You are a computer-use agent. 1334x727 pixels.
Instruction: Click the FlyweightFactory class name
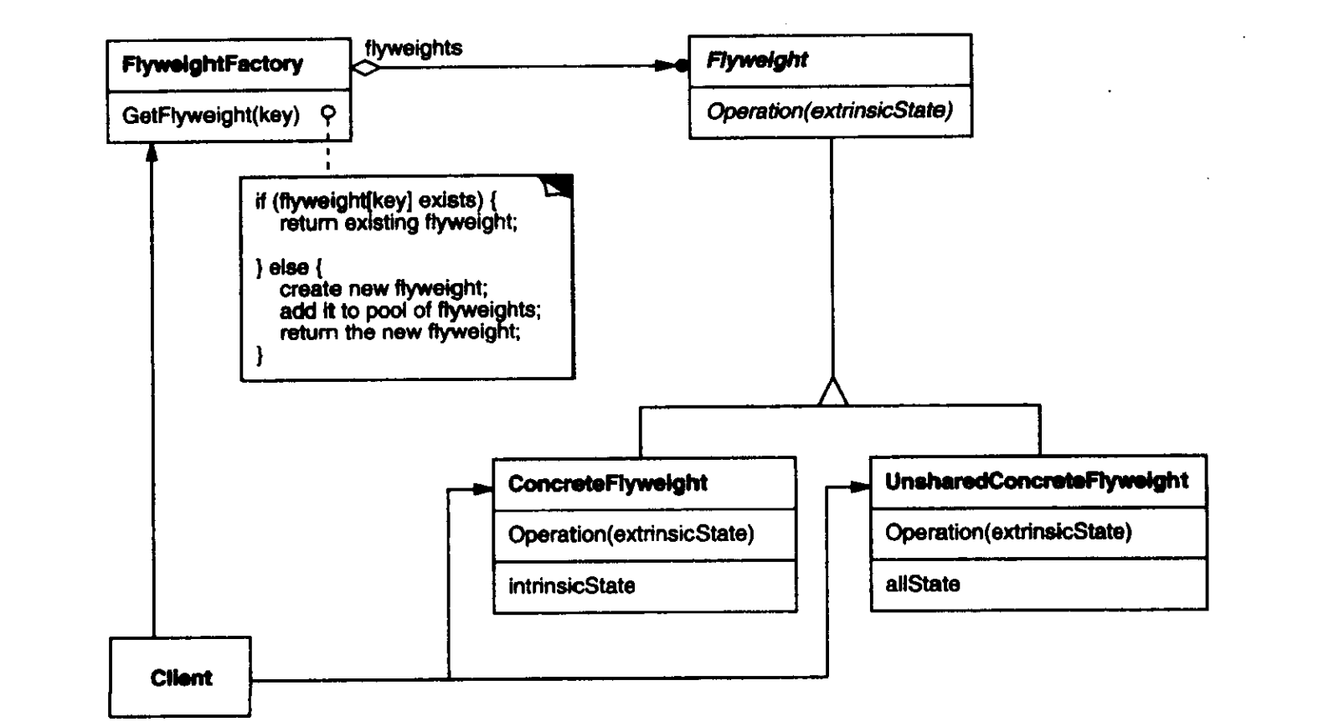pyautogui.click(x=212, y=64)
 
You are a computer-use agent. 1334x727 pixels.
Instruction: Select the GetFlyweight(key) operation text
pyautogui.click(x=210, y=115)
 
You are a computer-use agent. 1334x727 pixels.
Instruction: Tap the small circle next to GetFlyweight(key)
pyautogui.click(x=328, y=112)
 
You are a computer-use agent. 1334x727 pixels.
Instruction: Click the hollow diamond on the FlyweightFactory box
pyautogui.click(x=365, y=67)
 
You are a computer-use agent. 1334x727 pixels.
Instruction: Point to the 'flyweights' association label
pyautogui.click(x=413, y=49)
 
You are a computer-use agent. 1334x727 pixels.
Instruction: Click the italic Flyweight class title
pyautogui.click(x=757, y=60)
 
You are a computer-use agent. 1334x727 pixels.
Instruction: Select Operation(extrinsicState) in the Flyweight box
pyautogui.click(x=829, y=111)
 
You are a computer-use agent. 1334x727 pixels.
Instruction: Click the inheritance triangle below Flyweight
pyautogui.click(x=832, y=392)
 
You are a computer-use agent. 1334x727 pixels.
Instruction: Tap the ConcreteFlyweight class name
pyautogui.click(x=607, y=483)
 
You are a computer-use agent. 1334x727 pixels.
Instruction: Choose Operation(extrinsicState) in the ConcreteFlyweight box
pyautogui.click(x=631, y=534)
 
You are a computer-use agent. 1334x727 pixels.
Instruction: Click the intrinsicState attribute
pyautogui.click(x=571, y=585)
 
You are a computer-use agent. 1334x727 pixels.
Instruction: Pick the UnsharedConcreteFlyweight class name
pyautogui.click(x=1036, y=481)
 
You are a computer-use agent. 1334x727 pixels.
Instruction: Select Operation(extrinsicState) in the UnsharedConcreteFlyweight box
pyautogui.click(x=1007, y=532)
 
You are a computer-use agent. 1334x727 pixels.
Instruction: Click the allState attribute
pyautogui.click(x=922, y=584)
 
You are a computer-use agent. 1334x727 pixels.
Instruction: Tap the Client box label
pyautogui.click(x=181, y=678)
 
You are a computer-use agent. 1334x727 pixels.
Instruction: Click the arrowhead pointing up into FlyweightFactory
pyautogui.click(x=152, y=152)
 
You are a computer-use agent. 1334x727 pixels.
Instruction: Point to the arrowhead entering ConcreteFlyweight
pyautogui.click(x=482, y=489)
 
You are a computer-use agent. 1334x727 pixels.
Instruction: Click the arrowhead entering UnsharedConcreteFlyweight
pyautogui.click(x=859, y=487)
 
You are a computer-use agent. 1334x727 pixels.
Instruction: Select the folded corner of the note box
pyautogui.click(x=559, y=186)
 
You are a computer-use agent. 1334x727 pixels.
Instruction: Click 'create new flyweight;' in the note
pyautogui.click(x=383, y=289)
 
